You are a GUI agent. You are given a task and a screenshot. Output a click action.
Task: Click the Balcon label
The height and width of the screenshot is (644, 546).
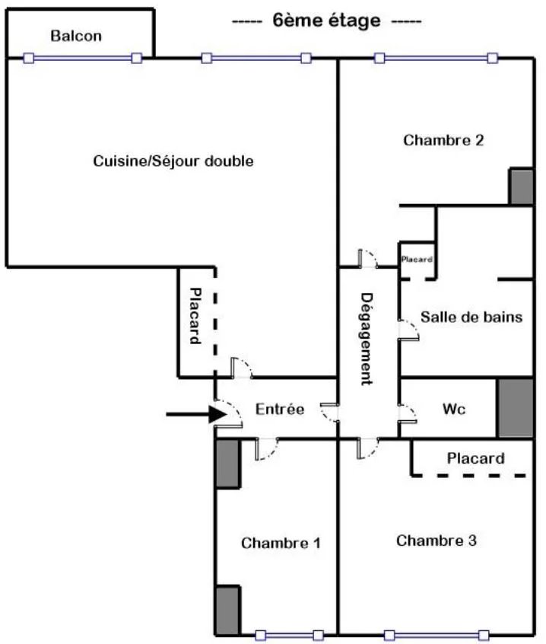tap(76, 36)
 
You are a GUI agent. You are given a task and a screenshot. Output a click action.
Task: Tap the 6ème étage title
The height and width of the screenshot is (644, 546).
tap(326, 21)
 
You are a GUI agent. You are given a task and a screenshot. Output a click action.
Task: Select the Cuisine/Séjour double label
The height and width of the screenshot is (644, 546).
tap(173, 161)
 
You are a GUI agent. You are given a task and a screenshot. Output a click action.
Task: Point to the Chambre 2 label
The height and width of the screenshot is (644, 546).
tap(443, 140)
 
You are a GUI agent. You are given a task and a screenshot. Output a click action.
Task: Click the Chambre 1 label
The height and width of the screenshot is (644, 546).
tap(281, 543)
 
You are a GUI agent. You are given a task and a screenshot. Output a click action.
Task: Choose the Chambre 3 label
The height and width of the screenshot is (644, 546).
tap(436, 540)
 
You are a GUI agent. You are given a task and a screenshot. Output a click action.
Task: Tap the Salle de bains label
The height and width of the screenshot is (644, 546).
tap(471, 317)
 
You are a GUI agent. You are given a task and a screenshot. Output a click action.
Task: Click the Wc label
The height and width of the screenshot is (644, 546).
tap(454, 409)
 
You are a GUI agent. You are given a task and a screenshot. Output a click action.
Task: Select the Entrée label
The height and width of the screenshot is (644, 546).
tap(280, 409)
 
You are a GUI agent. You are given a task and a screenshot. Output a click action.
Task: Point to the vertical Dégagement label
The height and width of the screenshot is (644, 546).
tap(367, 339)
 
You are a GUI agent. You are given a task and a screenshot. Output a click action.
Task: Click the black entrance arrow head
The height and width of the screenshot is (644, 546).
tap(217, 414)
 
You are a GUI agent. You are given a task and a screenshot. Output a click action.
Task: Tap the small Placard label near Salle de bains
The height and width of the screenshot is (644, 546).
tap(417, 259)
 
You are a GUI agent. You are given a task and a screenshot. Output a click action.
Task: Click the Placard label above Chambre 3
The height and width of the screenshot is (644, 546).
tap(475, 458)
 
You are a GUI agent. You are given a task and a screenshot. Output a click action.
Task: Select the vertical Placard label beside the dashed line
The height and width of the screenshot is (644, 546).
tap(195, 315)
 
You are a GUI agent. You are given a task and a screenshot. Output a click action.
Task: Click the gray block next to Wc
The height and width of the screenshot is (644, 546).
tap(516, 408)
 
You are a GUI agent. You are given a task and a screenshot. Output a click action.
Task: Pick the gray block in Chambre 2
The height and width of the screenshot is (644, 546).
tap(522, 186)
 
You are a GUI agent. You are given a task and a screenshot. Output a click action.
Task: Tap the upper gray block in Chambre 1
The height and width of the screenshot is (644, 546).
tap(227, 464)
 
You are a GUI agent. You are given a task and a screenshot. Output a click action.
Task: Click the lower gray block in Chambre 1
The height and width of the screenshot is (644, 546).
tap(227, 611)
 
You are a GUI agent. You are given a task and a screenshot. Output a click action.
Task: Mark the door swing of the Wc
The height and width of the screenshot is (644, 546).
tap(408, 414)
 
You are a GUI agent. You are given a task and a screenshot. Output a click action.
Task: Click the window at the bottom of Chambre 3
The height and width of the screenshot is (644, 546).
tap(436, 636)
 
